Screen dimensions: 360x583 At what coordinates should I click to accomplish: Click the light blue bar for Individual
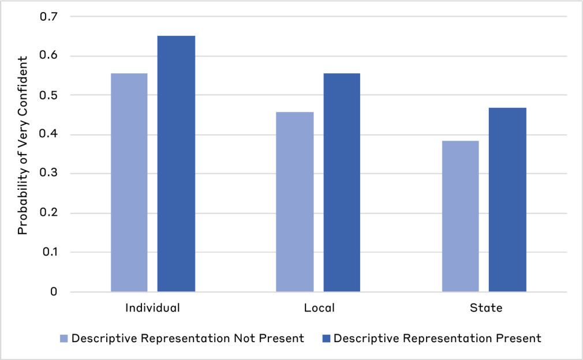click(129, 182)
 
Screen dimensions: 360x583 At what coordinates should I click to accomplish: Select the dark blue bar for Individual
click(176, 164)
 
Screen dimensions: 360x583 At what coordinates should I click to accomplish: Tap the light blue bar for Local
click(294, 202)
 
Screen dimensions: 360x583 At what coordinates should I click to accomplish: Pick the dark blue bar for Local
click(342, 182)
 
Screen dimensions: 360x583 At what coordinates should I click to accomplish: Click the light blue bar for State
click(461, 216)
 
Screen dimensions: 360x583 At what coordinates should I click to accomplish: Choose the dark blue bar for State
click(507, 200)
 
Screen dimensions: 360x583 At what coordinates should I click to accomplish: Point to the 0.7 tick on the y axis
click(48, 17)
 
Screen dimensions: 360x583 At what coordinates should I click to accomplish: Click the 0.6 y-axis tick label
click(48, 56)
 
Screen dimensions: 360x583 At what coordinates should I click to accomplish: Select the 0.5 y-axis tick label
click(48, 95)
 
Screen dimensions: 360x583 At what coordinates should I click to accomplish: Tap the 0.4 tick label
click(48, 134)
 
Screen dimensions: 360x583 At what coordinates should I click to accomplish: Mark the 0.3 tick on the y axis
click(48, 174)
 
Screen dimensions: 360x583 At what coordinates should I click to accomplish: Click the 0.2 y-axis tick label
click(48, 213)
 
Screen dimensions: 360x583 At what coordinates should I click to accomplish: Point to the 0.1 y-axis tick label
click(48, 252)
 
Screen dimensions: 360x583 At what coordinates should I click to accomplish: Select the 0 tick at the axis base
click(54, 292)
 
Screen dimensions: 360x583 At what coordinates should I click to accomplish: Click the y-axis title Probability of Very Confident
click(23, 145)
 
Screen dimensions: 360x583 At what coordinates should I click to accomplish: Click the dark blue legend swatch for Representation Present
click(325, 338)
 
